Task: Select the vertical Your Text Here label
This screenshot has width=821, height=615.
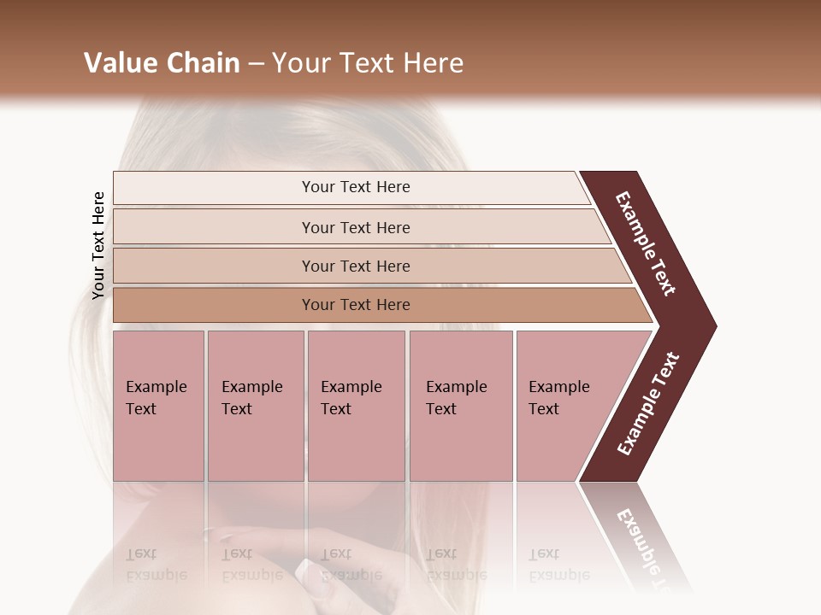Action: point(98,246)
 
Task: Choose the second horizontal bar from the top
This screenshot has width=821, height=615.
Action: point(355,227)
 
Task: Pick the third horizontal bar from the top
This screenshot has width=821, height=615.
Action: point(355,266)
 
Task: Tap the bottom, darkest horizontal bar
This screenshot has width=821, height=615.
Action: point(355,305)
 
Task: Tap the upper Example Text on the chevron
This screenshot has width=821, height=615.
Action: point(646,244)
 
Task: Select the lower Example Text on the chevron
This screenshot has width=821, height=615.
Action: point(648,403)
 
